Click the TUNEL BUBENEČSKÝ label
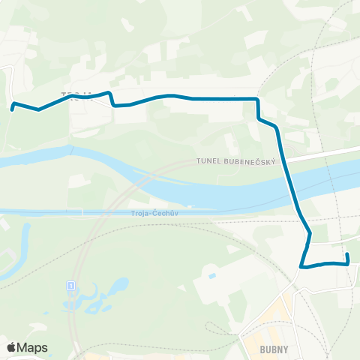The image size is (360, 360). pos(237,161)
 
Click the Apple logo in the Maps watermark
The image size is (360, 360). pos(11,348)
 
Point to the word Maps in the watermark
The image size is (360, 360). pos(32,348)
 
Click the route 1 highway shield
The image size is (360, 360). pos(70,286)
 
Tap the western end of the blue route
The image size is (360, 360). pos(13,109)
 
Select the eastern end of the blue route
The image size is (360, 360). pos(347,256)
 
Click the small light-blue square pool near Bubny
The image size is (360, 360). pos(212,276)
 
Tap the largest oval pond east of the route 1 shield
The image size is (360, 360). pos(118,286)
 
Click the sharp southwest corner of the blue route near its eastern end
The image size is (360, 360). pos(301,266)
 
